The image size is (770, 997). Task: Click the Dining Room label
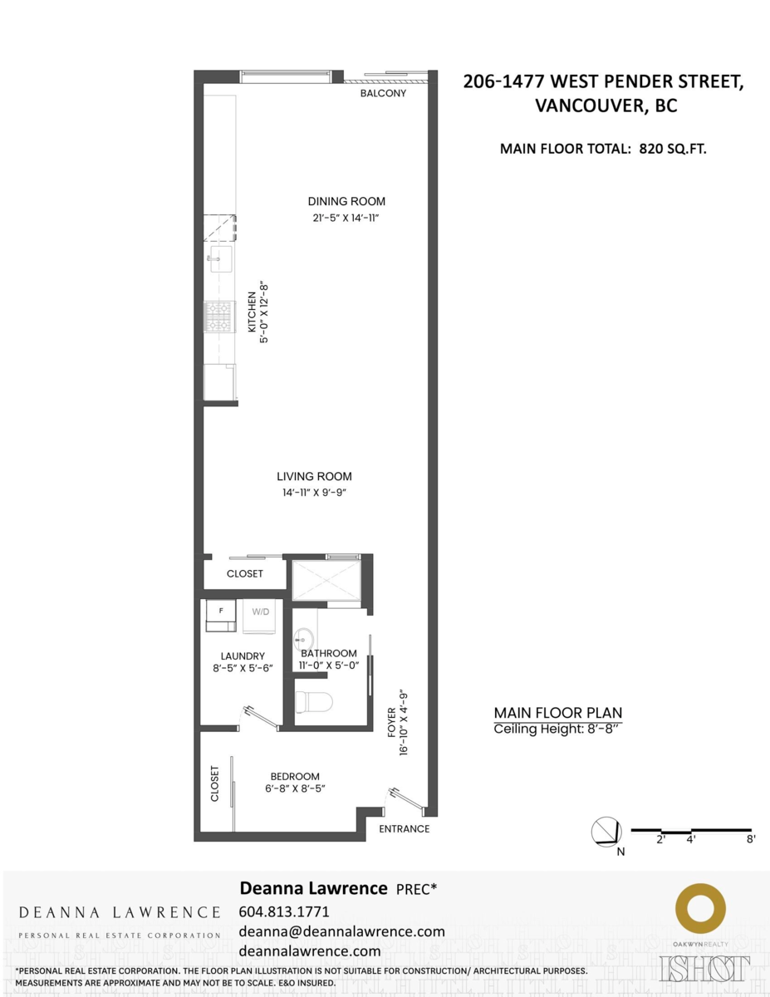coord(346,201)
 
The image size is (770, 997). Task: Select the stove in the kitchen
coord(220,316)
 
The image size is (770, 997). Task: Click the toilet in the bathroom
coord(313,702)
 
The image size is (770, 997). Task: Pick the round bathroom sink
coord(304,638)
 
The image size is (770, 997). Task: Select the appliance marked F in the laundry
coord(221,613)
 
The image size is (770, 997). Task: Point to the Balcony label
coord(383,94)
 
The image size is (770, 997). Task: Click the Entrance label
coord(405,829)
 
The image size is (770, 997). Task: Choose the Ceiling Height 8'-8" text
coord(557,729)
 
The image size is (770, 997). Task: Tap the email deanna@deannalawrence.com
coord(341,931)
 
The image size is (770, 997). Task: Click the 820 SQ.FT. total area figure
coord(673,150)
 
